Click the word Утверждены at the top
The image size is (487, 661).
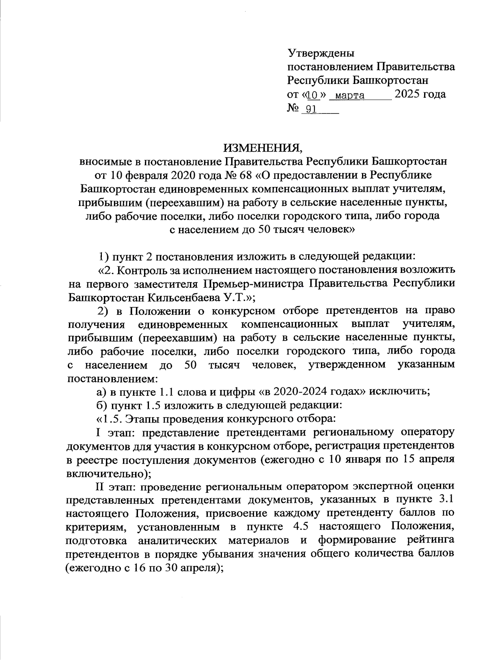click(321, 53)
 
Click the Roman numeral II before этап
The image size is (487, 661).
click(101, 485)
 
